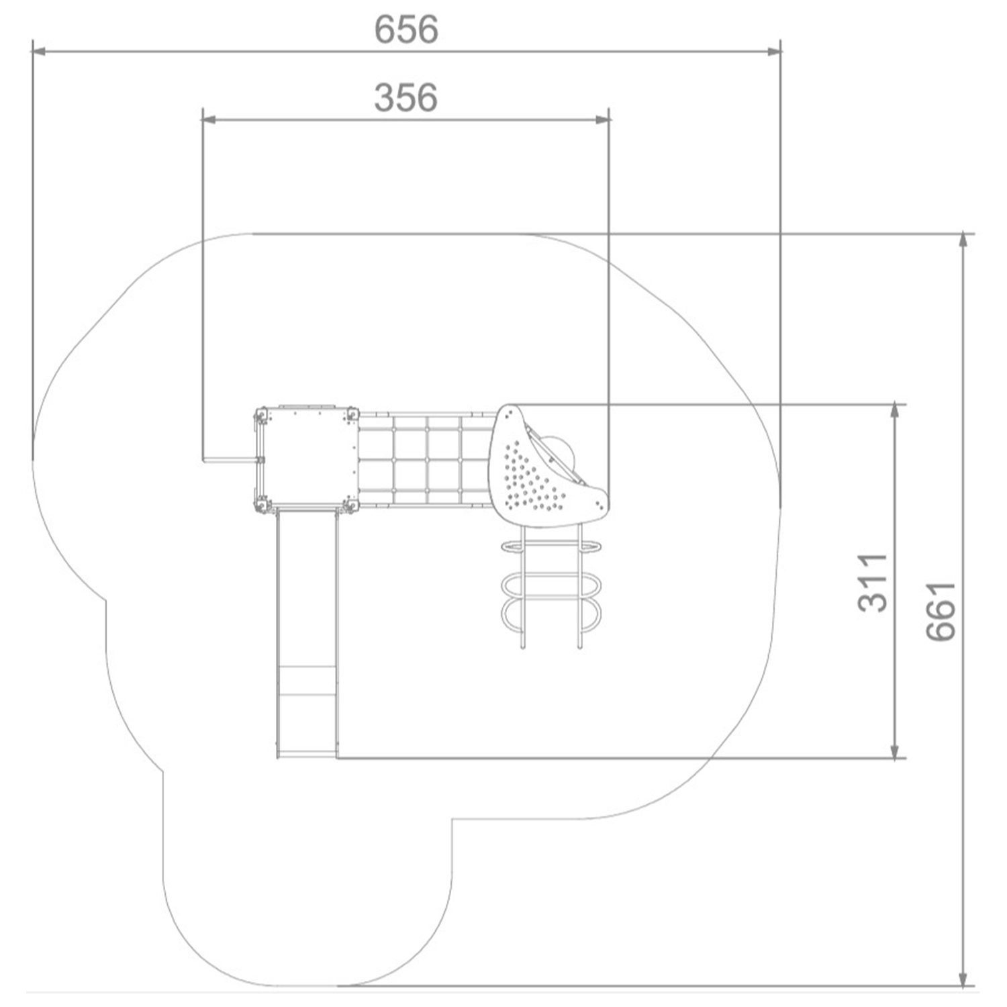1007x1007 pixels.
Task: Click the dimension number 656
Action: tap(406, 30)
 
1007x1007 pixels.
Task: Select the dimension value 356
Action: tap(406, 97)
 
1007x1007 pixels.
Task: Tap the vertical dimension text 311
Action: tap(873, 583)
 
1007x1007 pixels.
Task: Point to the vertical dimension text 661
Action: tap(941, 611)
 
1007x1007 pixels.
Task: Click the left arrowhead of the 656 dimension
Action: tap(39, 50)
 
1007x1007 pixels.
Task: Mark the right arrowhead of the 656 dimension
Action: tap(774, 50)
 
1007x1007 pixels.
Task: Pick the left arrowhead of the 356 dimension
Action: tap(209, 119)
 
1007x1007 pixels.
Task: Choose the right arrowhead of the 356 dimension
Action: tap(603, 119)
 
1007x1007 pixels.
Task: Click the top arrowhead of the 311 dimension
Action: tap(894, 411)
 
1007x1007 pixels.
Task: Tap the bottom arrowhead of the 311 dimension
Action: tap(894, 751)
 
